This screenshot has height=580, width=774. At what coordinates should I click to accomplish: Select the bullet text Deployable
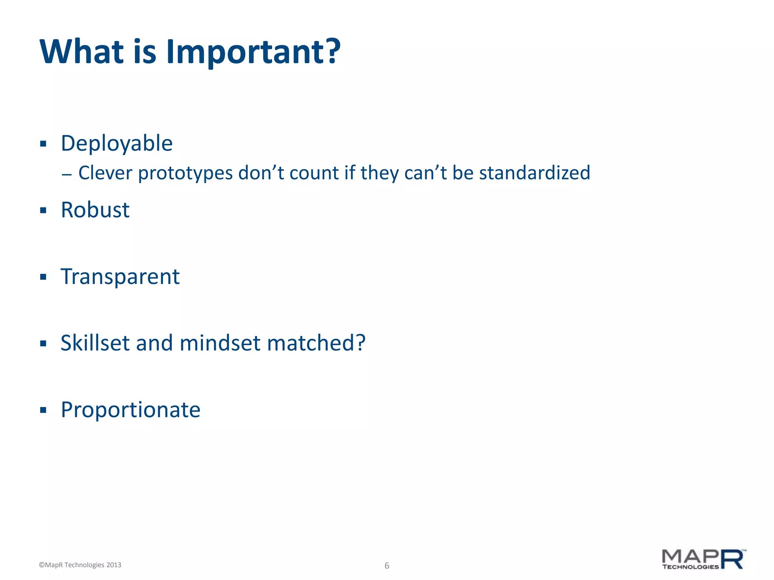(x=116, y=143)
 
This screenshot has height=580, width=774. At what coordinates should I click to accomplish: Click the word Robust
(x=95, y=210)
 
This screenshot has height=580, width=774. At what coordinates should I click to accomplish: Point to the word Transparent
(x=120, y=277)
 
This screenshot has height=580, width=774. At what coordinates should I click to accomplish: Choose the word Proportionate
(x=130, y=410)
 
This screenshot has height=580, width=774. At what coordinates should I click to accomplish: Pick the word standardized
(x=534, y=173)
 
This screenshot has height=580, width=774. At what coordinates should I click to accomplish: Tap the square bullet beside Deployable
(x=43, y=144)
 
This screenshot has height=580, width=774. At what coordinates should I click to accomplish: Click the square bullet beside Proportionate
(x=43, y=410)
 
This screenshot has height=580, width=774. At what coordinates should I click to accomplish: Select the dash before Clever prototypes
(x=67, y=175)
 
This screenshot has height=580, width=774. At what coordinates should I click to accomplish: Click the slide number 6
(x=387, y=565)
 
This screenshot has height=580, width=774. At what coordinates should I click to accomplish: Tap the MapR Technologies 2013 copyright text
(x=80, y=565)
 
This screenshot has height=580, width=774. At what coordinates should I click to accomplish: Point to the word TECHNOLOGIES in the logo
(x=690, y=567)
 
